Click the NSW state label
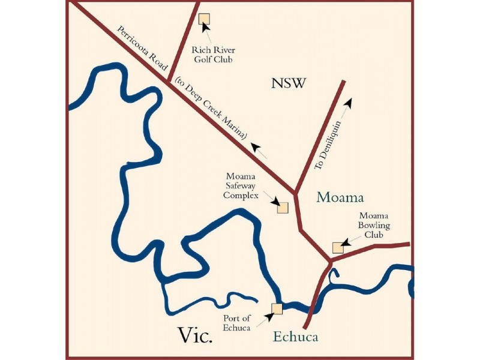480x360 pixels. [x=289, y=83]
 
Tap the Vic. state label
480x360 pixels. [x=195, y=335]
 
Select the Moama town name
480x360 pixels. [x=340, y=197]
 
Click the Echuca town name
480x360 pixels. [x=295, y=337]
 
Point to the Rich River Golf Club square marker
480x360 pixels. [x=204, y=19]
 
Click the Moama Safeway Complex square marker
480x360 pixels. [x=282, y=208]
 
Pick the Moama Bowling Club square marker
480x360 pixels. [x=338, y=248]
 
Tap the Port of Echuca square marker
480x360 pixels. [x=277, y=308]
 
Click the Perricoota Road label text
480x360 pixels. [x=143, y=50]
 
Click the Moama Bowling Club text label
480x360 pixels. [x=375, y=226]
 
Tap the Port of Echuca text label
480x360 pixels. [x=237, y=323]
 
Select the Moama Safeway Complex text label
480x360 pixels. [x=242, y=186]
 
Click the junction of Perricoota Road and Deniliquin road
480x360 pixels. [x=295, y=193]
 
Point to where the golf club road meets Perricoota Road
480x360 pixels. [x=168, y=79]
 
